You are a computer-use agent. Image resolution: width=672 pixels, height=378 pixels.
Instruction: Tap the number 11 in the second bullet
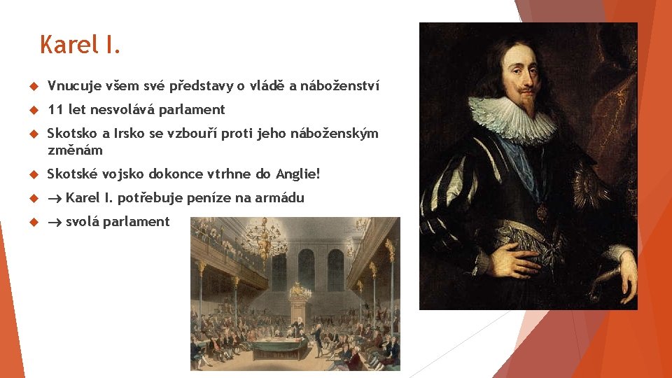[55, 109]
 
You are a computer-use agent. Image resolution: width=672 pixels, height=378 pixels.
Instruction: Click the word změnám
[75, 150]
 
